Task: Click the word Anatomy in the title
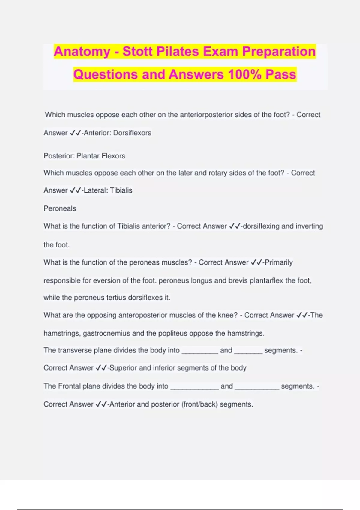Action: pos(82,52)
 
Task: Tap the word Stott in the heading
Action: pos(138,52)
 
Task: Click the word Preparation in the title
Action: pos(279,52)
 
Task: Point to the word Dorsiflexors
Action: pos(132,133)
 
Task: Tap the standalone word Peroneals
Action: pos(60,208)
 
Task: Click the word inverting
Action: pos(309,226)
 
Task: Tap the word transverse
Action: pos(75,350)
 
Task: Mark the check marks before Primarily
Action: pos(256,263)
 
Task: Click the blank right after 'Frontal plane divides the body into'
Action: pos(194,387)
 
